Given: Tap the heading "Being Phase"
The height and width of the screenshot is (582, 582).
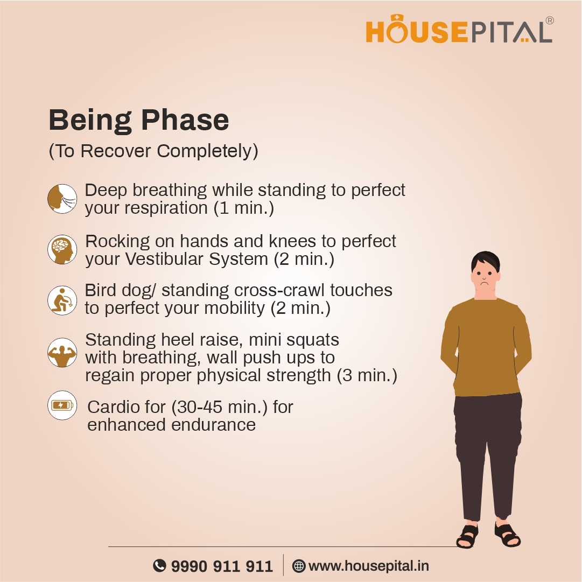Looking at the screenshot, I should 139,120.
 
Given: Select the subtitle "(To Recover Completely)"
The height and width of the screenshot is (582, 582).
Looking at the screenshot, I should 153,151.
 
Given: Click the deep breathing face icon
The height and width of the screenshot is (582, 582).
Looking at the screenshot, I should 62,199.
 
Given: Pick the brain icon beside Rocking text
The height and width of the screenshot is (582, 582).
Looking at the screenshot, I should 62,249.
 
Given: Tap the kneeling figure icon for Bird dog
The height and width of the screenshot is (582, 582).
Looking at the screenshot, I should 62,300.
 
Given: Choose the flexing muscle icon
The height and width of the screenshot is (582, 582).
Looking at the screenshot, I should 62,353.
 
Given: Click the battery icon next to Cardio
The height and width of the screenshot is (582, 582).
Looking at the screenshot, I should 62,405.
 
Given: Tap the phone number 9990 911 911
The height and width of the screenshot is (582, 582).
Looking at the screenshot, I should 222,566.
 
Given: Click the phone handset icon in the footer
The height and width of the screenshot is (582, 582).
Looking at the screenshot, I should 159,566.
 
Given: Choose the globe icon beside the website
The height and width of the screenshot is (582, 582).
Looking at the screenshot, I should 299,566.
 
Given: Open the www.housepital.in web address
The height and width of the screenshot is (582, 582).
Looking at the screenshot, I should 369,566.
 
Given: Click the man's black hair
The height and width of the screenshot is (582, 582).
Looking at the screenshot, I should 486,261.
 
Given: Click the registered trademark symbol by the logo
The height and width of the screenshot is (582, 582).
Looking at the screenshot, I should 549,20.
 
